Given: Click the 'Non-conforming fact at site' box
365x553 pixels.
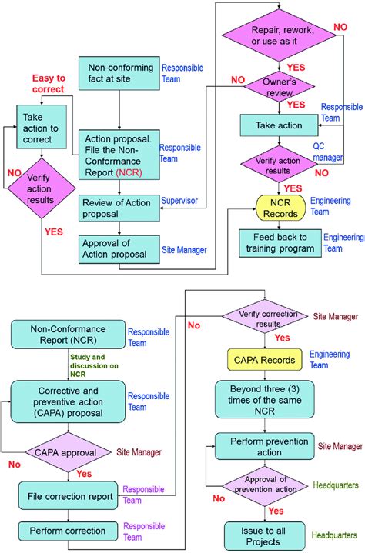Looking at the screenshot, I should click(x=117, y=73).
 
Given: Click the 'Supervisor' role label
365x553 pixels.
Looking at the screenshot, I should click(x=179, y=202).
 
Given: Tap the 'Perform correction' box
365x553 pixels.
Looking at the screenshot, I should click(x=68, y=531).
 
